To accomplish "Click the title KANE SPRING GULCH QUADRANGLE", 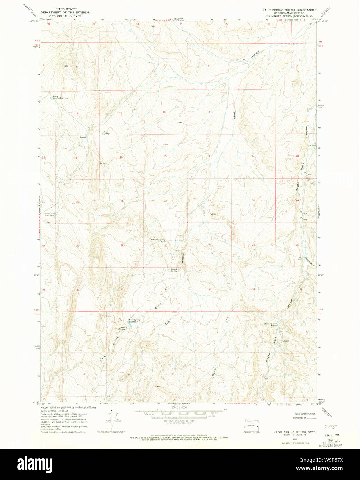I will (x=289, y=10).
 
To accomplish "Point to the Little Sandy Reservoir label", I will (x=60, y=97).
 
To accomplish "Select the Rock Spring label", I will (x=106, y=132).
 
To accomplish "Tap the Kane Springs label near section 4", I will (x=122, y=328).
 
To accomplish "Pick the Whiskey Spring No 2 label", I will (x=158, y=240).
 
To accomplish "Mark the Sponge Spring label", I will (x=173, y=270).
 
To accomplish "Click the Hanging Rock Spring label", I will (x=271, y=324).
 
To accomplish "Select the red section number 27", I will (x=166, y=246).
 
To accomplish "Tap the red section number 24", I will (x=253, y=200).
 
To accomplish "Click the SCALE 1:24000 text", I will (x=179, y=408).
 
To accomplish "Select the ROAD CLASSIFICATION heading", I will (x=305, y=414).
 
